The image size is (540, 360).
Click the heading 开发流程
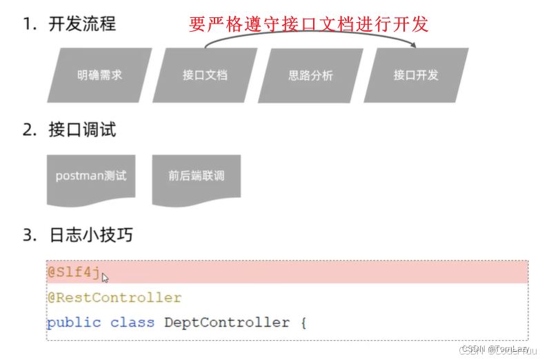click(x=82, y=24)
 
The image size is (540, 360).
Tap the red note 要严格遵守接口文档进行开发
click(x=309, y=24)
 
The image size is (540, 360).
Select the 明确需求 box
click(x=99, y=75)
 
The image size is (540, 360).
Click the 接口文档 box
click(x=205, y=75)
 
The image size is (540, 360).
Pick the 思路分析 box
click(x=310, y=75)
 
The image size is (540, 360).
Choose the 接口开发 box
click(x=416, y=75)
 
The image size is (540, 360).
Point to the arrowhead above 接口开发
click(x=414, y=46)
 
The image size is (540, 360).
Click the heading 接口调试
click(x=82, y=130)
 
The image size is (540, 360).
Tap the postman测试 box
click(x=91, y=176)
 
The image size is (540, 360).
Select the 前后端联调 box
click(x=197, y=176)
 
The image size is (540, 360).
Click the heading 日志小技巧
click(x=90, y=235)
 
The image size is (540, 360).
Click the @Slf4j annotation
click(x=73, y=272)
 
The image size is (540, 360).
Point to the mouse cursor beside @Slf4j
click(x=106, y=278)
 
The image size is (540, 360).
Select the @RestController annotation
click(x=114, y=298)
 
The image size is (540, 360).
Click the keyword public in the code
click(x=73, y=322)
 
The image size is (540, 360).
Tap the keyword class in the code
click(x=132, y=322)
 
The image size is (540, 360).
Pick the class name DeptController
click(x=226, y=322)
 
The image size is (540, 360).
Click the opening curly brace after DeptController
click(x=302, y=322)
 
